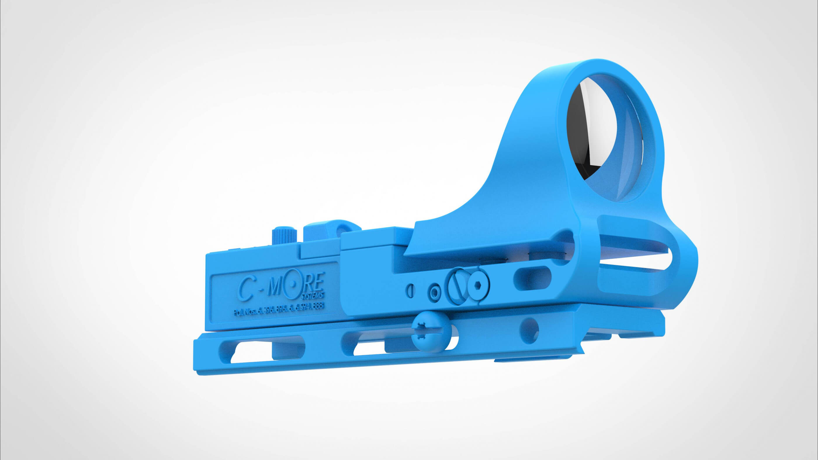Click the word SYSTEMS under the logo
point(312,295)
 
